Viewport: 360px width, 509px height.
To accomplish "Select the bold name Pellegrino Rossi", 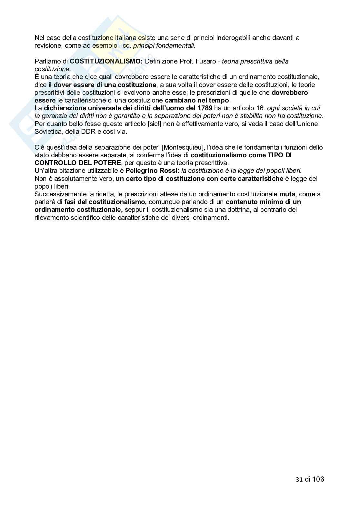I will (152, 171).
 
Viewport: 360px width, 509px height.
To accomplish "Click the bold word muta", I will (287, 194).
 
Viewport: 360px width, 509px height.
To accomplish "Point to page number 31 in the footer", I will (299, 479).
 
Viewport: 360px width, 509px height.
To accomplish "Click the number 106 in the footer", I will (318, 479).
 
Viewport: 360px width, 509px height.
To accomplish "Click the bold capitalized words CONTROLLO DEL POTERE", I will (78, 163).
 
